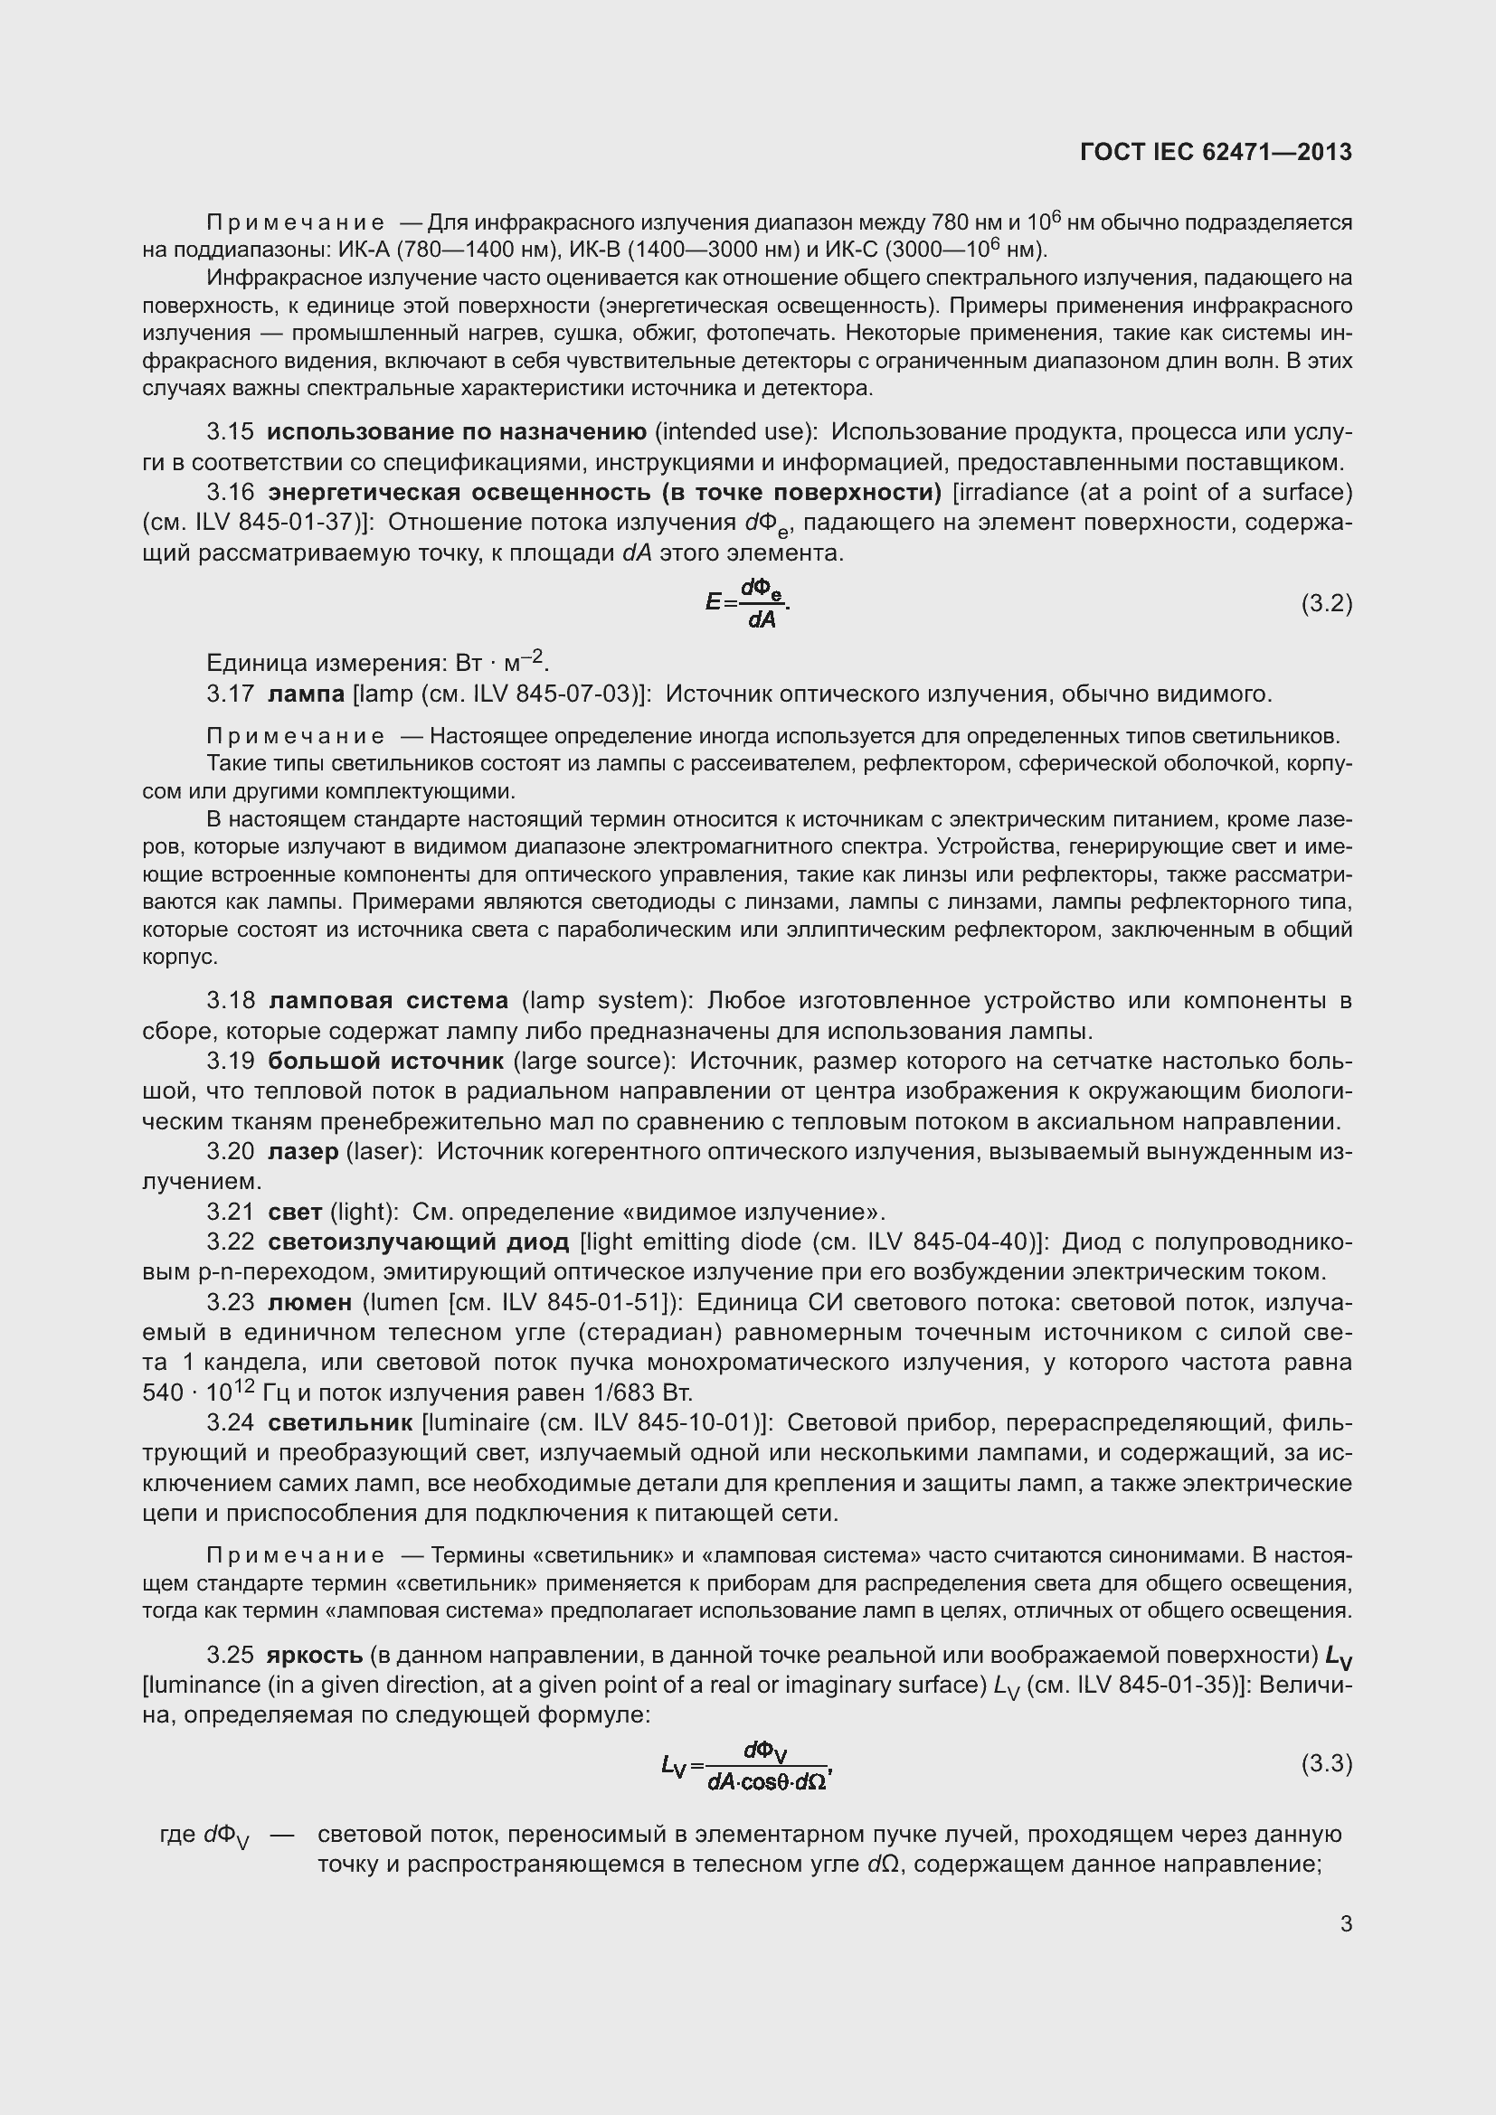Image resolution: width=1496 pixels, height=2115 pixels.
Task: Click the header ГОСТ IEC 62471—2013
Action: tap(1215, 152)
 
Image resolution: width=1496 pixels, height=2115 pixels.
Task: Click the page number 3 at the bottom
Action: tap(1346, 1923)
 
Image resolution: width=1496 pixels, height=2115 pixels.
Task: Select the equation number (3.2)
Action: tap(1326, 603)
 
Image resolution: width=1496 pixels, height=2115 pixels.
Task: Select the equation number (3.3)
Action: tap(1326, 1763)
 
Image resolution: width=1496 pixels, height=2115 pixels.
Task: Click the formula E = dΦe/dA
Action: tap(748, 604)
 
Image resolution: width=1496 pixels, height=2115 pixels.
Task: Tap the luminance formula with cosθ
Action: tap(747, 1765)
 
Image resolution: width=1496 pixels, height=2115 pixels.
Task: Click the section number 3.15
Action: tap(231, 432)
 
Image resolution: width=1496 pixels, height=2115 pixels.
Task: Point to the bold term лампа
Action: tap(306, 694)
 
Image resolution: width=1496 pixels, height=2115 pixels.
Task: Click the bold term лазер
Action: tap(303, 1151)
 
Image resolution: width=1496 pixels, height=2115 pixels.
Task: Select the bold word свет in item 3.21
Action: tap(295, 1213)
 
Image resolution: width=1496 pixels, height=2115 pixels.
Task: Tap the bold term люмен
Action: tap(310, 1302)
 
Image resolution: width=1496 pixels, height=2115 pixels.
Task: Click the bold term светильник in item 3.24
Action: tap(341, 1423)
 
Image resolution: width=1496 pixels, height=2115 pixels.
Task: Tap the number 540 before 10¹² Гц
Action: tap(163, 1393)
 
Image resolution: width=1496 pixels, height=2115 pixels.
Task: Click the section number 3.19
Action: tap(231, 1062)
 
